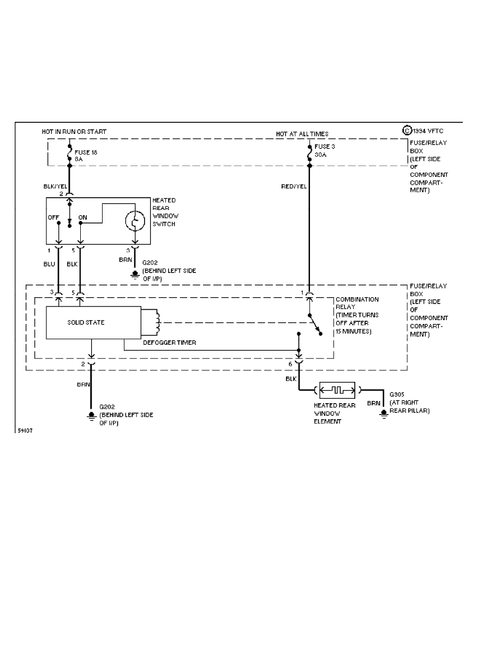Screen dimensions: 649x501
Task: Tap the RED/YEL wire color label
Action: coord(294,186)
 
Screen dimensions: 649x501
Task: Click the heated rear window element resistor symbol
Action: coord(337,390)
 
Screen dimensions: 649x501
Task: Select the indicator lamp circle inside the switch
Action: coord(134,222)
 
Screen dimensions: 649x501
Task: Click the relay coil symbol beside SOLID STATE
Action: coord(158,322)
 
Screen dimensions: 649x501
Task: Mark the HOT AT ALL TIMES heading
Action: coord(302,134)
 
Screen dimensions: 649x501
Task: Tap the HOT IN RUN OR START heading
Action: coord(74,132)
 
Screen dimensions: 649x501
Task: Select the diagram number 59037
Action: coord(26,431)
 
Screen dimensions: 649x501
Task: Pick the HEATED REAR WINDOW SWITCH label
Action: coord(164,213)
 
